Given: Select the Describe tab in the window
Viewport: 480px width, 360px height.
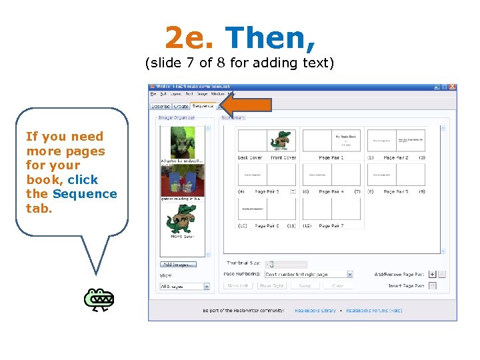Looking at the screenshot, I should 161,106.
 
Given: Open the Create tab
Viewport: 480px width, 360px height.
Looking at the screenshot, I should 181,106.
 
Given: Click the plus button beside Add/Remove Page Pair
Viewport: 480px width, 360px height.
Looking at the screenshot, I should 432,274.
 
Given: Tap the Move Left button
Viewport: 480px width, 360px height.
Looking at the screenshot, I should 238,285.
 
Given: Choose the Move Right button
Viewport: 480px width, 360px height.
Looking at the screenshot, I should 271,285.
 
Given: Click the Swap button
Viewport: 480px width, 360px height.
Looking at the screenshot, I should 305,285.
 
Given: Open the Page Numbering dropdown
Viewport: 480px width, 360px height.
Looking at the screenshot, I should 309,274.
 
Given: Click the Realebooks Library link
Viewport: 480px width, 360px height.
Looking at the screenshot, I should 316,310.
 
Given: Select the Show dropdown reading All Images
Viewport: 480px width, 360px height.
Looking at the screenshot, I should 185,287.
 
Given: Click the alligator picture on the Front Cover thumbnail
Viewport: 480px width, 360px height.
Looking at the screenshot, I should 281,141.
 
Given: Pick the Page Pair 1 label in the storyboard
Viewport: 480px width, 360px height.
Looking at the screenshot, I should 331,158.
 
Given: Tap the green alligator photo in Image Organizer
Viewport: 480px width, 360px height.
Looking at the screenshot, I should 177,142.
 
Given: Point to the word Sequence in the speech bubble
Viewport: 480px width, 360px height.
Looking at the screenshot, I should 85,194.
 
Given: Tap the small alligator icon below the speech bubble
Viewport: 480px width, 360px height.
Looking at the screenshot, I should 99,301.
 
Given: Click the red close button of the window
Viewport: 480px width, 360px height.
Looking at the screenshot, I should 453,87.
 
